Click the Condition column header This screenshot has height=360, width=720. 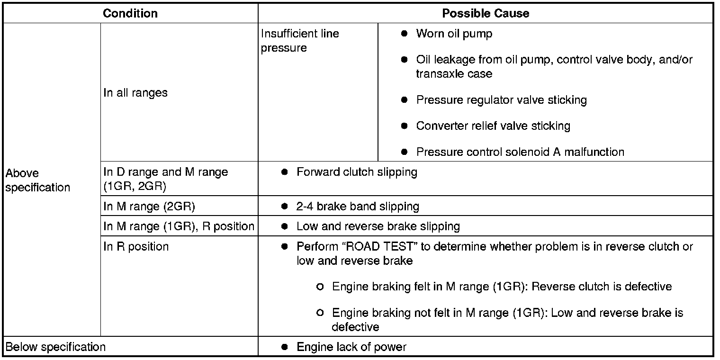click(130, 13)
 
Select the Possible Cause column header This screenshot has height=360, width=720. click(486, 13)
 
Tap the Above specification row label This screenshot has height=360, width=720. click(37, 180)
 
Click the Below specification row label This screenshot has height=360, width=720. click(55, 347)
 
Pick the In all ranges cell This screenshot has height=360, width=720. click(135, 93)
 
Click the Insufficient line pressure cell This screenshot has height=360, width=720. click(300, 41)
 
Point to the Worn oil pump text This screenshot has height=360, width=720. click(454, 34)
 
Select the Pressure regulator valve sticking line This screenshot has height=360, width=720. click(501, 100)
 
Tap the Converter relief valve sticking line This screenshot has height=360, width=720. click(493, 126)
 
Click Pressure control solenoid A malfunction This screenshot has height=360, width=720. click(520, 152)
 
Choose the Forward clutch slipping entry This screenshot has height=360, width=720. click(357, 172)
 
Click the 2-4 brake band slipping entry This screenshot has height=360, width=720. click(358, 207)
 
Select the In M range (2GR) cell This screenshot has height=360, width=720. click(149, 207)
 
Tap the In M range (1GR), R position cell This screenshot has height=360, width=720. click(179, 226)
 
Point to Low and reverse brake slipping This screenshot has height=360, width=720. click(378, 226)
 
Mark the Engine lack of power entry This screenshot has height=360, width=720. click(351, 347)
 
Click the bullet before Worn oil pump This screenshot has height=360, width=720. click(404, 34)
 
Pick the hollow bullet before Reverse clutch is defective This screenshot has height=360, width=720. click(320, 287)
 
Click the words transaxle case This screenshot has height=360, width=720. click(454, 74)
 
